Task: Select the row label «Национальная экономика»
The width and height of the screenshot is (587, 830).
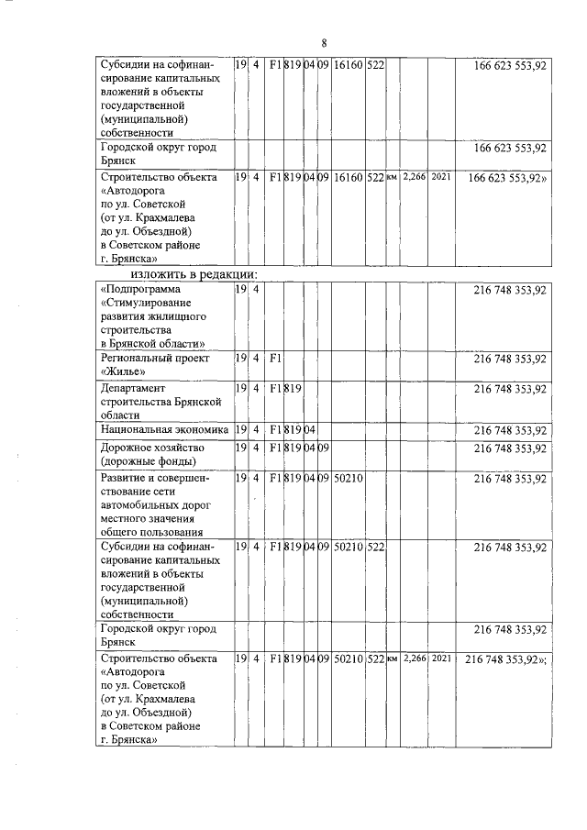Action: [164, 429]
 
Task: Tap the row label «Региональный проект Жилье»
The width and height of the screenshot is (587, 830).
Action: [155, 365]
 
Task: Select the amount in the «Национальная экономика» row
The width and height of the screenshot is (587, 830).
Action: [510, 429]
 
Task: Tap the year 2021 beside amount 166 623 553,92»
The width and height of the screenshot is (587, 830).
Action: [441, 174]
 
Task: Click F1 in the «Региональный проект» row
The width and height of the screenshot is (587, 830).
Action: [274, 359]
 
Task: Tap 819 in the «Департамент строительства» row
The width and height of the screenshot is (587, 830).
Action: [293, 389]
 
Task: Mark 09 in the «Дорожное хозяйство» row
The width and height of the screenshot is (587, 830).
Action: [323, 448]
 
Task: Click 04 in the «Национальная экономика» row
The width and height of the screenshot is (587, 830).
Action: [310, 429]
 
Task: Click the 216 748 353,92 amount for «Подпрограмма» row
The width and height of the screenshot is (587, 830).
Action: [510, 290]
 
